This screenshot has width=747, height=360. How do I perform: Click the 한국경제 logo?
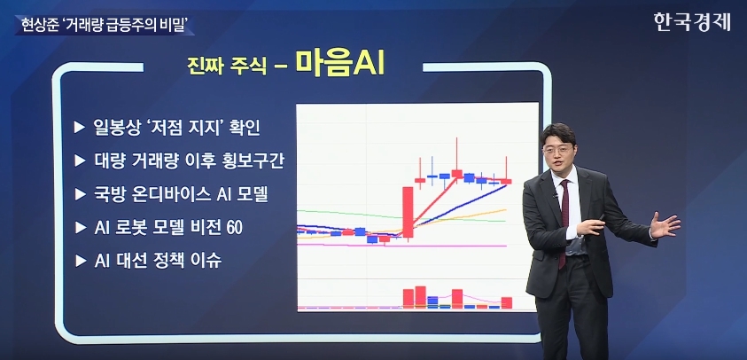tap(692, 22)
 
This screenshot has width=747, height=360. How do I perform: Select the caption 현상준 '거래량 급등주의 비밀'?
tap(104, 24)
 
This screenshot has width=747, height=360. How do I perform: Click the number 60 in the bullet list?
tap(235, 228)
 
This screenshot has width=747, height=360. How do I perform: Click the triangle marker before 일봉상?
tap(80, 129)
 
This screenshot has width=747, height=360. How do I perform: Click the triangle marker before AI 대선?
tap(80, 261)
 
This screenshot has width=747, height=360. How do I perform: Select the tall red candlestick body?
tap(408, 212)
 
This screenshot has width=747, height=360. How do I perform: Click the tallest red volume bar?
tap(420, 297)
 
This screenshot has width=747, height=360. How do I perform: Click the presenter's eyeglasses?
tap(556, 150)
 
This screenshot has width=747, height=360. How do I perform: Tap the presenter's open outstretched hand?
tap(665, 225)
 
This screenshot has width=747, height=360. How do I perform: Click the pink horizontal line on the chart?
tap(401, 246)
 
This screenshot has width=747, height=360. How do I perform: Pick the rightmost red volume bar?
tap(506, 302)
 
